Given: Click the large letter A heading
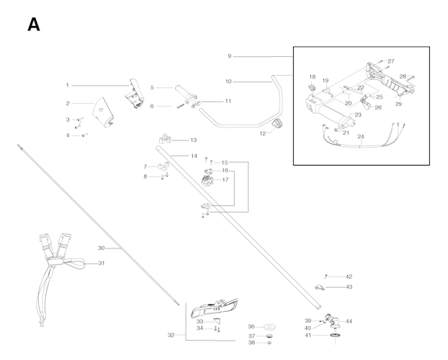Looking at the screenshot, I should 33,24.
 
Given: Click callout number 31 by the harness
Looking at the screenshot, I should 102,264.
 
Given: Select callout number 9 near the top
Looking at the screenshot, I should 230,56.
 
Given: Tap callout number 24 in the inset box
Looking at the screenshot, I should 361,136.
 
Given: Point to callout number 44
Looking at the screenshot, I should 349,321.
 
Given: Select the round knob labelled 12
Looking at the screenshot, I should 278,127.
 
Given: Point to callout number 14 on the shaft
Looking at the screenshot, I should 194,156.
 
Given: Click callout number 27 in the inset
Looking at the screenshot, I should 391,61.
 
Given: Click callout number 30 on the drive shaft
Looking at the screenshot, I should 102,248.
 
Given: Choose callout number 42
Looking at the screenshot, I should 349,276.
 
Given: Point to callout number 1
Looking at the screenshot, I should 68,85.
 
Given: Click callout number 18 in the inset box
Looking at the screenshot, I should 313,77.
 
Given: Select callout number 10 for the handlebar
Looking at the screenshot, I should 228,81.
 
